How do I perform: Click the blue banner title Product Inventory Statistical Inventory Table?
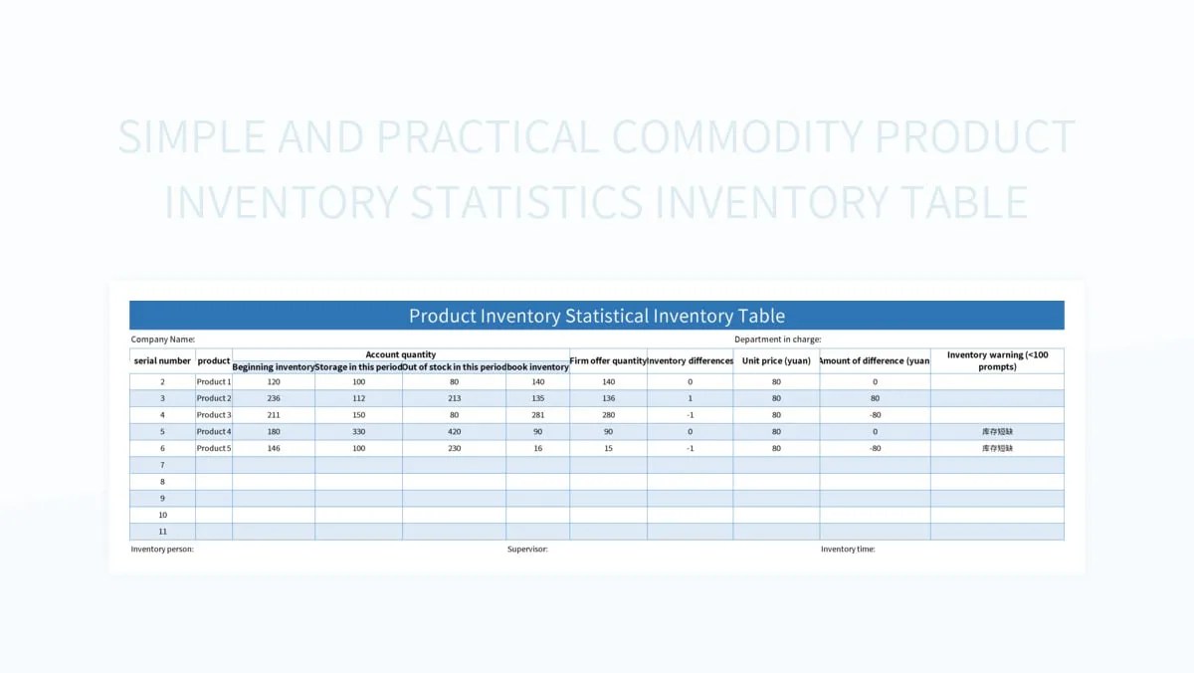pos(597,316)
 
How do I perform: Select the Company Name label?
pos(163,339)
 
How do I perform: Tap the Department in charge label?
pos(778,339)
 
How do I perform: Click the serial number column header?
pos(162,360)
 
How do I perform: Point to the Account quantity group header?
pos(400,354)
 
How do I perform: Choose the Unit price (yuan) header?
pos(776,360)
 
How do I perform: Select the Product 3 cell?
pos(214,415)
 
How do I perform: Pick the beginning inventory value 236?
pos(274,398)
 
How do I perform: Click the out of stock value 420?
pos(454,432)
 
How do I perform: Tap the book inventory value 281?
pos(537,415)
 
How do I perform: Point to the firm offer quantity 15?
pos(608,448)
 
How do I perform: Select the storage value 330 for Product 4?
pos(358,432)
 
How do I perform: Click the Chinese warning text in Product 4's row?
pos(997,432)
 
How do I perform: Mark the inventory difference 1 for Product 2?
pos(690,398)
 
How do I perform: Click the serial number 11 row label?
pos(162,532)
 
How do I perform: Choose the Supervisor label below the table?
pos(527,549)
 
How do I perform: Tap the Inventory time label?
pos(848,549)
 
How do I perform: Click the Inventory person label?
pos(162,549)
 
